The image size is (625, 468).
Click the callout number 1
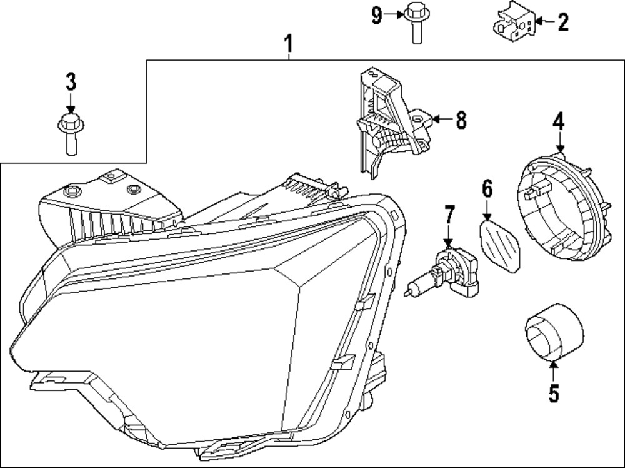(288, 44)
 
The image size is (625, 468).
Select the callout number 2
(562, 23)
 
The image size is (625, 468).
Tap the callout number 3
(71, 81)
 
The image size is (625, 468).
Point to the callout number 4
(557, 121)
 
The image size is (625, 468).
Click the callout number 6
(487, 188)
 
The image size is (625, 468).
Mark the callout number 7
(447, 214)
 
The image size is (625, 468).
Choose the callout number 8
(461, 120)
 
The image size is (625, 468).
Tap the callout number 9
(376, 14)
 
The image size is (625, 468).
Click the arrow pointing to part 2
(544, 23)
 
